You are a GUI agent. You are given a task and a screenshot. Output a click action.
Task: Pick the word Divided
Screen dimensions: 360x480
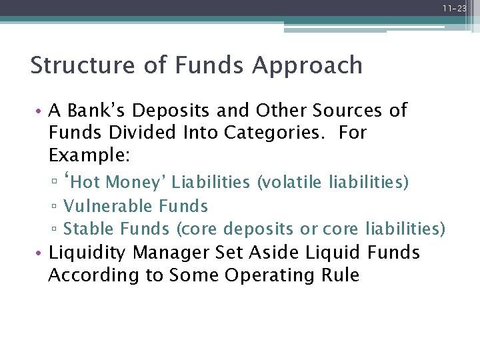(141, 133)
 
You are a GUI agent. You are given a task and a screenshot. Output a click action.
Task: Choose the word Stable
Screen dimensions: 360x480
(89, 229)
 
